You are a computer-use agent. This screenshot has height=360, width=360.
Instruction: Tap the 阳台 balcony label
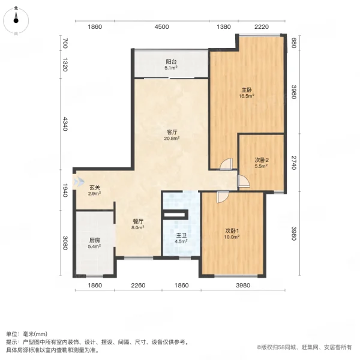171,61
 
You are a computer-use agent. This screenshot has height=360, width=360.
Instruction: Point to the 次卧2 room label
261,160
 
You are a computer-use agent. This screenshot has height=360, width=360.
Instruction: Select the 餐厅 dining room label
137,221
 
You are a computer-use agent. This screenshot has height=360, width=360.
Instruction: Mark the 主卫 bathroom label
181,236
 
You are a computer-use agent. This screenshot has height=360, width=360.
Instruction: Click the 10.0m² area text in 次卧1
232,236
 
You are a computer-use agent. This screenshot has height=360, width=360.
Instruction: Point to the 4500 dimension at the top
162,27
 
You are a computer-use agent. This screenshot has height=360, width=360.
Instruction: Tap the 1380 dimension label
223,27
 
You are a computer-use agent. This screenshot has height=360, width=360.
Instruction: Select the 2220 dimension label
261,27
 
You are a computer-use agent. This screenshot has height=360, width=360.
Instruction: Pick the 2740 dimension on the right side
294,163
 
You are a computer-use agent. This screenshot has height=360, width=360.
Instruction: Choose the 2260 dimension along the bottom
138,285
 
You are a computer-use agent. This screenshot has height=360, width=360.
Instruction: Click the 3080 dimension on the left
65,245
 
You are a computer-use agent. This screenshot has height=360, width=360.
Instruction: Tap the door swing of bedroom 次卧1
221,196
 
